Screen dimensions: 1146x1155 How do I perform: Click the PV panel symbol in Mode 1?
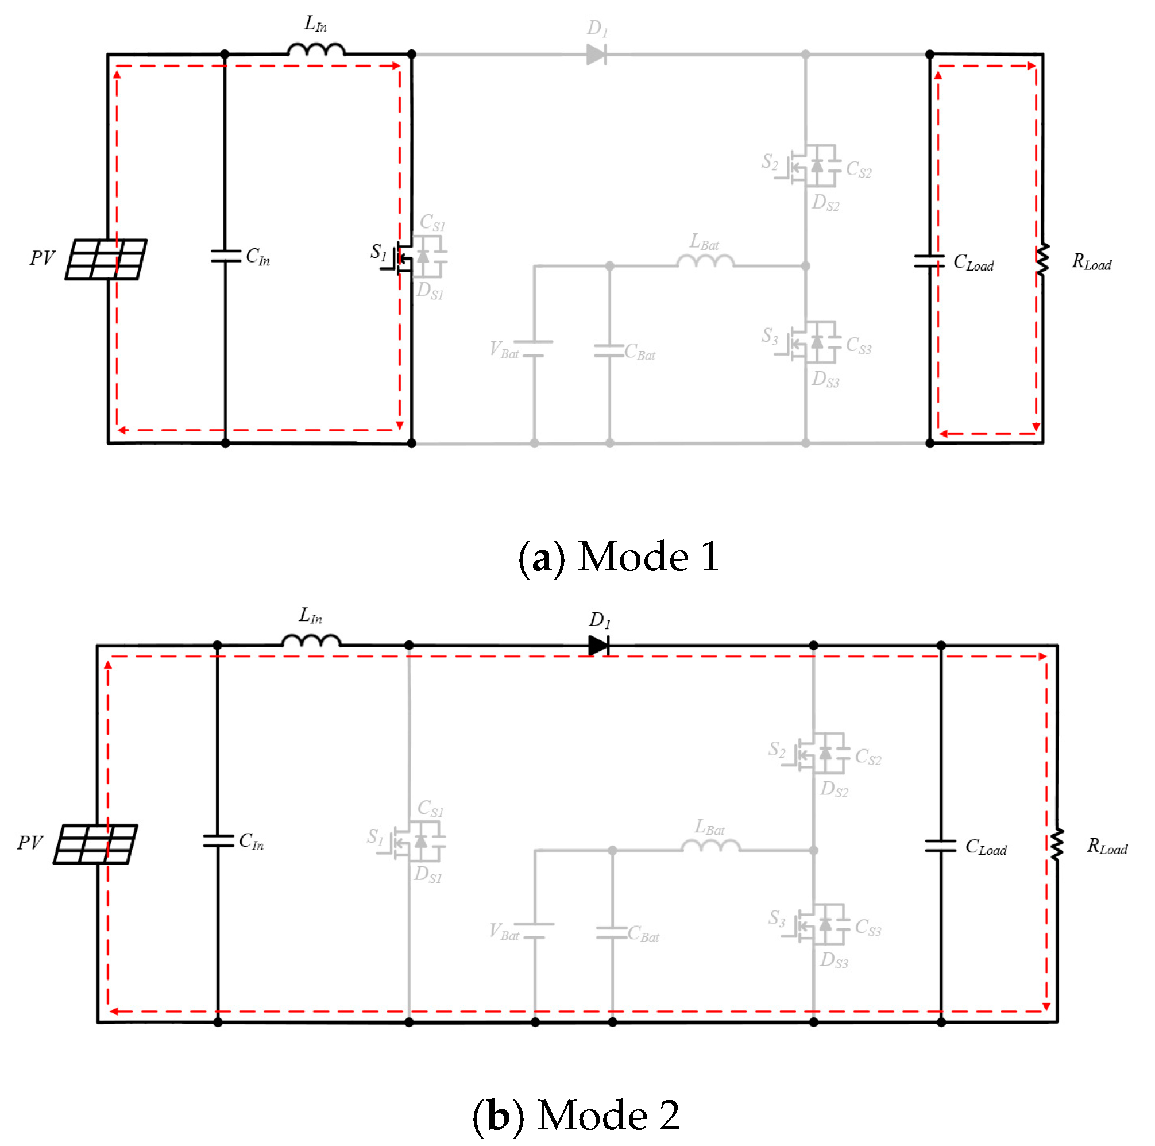106,259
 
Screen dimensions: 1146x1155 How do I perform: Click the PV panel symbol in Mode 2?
95,843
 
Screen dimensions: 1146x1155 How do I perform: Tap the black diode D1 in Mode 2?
598,646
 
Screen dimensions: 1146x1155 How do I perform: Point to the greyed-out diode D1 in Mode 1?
596,55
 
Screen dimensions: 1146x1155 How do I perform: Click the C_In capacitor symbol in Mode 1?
225,256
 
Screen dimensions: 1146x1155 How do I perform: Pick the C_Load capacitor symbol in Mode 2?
940,846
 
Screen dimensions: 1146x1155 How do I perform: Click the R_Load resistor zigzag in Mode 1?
1042,260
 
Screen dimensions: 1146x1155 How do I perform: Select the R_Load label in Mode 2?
1107,847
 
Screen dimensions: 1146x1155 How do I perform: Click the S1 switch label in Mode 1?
378,252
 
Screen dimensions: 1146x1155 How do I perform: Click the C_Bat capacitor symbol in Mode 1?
609,351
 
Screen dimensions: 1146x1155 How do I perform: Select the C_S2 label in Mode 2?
867,757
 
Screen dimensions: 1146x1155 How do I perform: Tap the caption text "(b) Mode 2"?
576,1115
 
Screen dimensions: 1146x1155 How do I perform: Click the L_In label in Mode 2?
310,616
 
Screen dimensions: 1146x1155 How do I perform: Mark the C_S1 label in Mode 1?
432,222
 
